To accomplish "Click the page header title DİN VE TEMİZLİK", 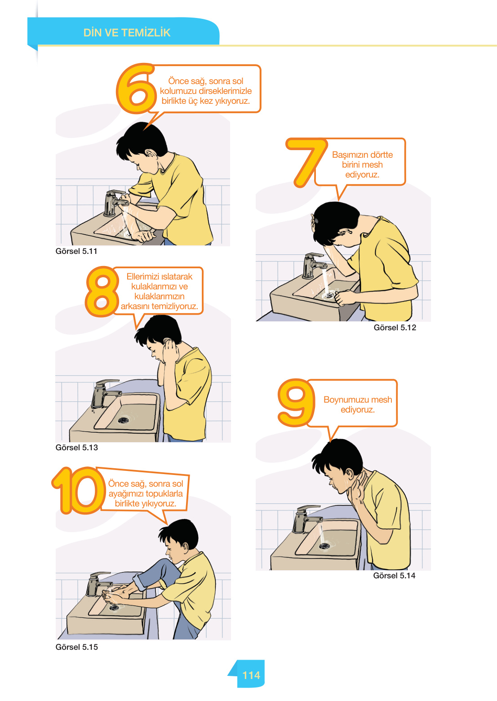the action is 127,32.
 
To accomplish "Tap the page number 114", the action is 251,675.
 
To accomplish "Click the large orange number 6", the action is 136,89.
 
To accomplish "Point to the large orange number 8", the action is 102,292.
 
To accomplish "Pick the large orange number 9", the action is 296,403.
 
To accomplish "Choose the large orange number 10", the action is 78,490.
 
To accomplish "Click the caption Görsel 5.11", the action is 76,251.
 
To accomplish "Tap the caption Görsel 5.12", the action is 395,328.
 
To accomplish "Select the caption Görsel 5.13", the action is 77,448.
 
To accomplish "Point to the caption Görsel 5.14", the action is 394,576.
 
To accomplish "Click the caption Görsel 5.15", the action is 77,647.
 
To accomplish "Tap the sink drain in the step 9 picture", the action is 324,546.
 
